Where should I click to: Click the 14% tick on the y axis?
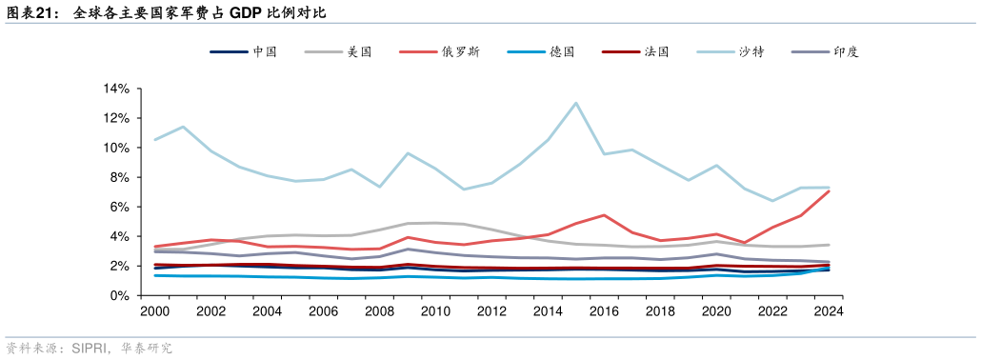[116, 89]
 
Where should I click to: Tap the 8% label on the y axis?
[120, 177]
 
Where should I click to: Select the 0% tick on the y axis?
[120, 295]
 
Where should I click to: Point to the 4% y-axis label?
[120, 236]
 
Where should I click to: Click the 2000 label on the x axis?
[154, 311]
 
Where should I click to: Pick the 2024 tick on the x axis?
[828, 311]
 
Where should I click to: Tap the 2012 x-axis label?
[491, 311]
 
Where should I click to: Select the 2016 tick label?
[604, 311]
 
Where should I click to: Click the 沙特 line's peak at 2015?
[575, 103]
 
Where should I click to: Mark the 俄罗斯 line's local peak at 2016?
[604, 215]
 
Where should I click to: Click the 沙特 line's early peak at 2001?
[183, 127]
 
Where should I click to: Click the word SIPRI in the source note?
[89, 349]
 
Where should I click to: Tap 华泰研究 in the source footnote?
[147, 349]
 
